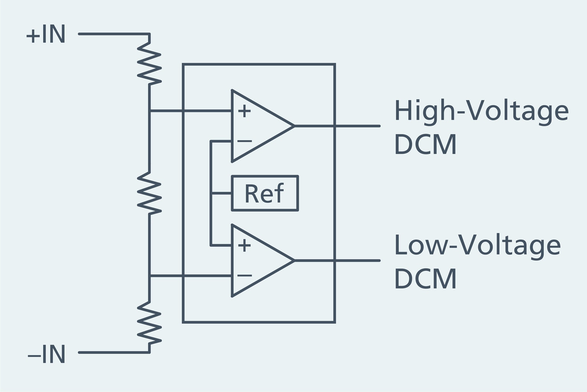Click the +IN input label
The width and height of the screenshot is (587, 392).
click(x=46, y=34)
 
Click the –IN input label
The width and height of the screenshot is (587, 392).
click(x=47, y=354)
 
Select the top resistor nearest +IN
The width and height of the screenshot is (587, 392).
click(x=149, y=61)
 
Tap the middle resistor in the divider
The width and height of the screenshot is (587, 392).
click(x=149, y=193)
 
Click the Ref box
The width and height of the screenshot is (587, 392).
click(x=265, y=193)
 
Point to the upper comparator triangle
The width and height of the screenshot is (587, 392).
click(x=256, y=126)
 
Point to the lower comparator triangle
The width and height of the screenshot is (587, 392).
click(x=256, y=261)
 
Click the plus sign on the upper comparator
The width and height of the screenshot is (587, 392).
click(x=244, y=111)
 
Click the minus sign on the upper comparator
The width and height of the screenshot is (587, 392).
click(x=244, y=141)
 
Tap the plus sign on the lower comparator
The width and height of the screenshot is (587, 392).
click(x=244, y=245)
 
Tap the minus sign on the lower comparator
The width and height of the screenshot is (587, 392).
click(x=244, y=275)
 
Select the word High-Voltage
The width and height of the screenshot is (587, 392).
click(x=481, y=111)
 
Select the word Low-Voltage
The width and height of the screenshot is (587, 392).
click(x=477, y=245)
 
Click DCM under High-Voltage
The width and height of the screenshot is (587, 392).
click(x=426, y=144)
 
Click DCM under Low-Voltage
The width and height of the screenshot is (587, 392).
click(x=426, y=279)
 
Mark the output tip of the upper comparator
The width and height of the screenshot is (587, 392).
click(x=293, y=126)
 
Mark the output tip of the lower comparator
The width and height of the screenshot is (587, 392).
click(x=293, y=261)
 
